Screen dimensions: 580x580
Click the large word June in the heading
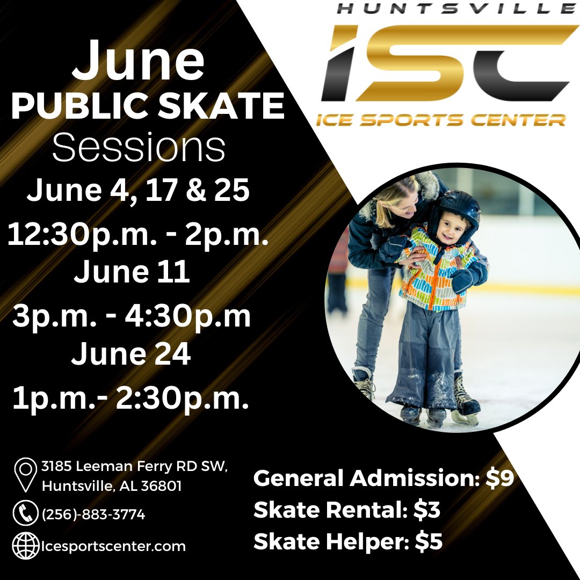[138, 61]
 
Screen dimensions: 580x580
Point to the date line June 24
[131, 355]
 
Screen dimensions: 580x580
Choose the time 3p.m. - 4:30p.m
[132, 317]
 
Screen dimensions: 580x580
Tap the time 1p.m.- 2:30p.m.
[131, 398]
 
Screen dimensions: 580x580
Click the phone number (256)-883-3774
[93, 514]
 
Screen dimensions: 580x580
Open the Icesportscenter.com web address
[113, 547]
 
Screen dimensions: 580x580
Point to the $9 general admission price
[500, 479]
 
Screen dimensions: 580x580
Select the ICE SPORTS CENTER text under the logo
[441, 119]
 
